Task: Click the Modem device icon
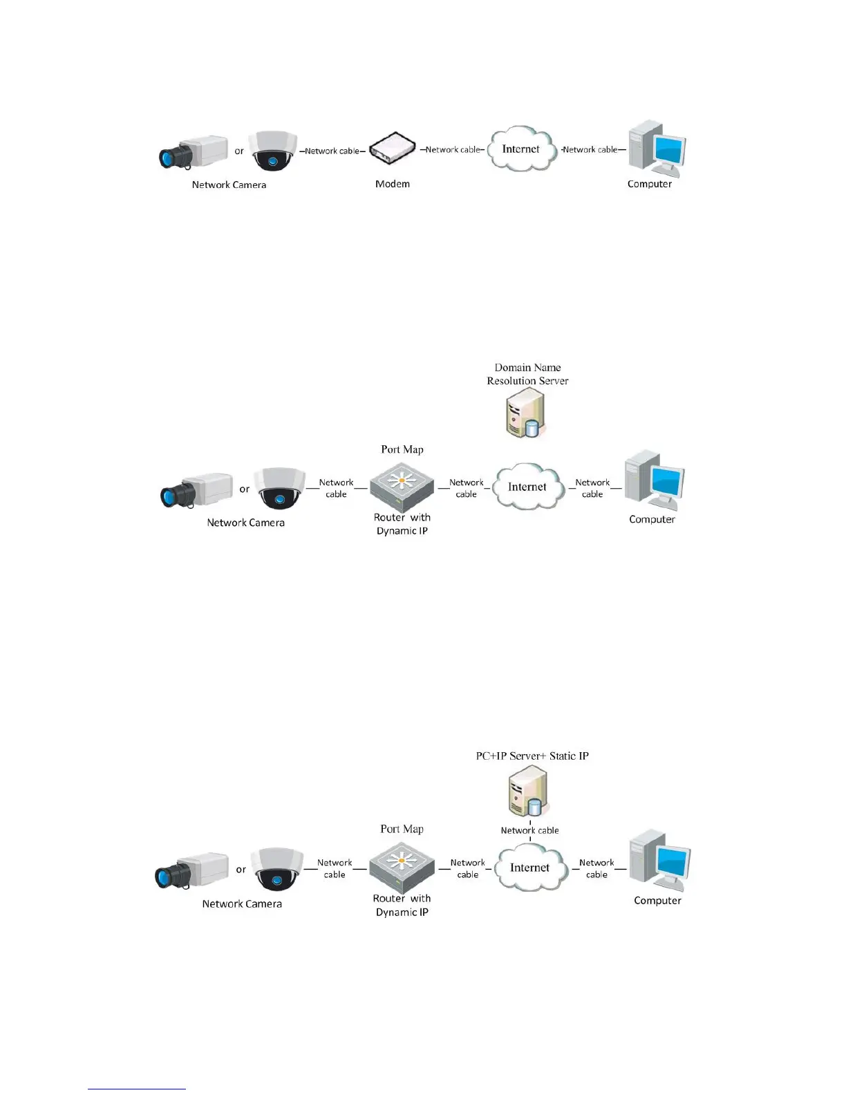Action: point(392,149)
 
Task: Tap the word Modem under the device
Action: point(393,184)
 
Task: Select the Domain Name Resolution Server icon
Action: point(526,413)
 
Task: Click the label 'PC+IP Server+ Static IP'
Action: point(532,756)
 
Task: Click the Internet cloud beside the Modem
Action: point(521,149)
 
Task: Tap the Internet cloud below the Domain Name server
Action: point(527,487)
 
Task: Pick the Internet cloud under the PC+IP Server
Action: point(529,868)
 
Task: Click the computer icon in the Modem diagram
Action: point(656,149)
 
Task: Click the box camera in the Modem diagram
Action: point(194,152)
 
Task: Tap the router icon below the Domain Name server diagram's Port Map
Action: point(402,487)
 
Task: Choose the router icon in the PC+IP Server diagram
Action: point(402,867)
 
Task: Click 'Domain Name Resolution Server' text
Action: point(527,374)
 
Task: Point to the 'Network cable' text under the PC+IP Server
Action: point(529,830)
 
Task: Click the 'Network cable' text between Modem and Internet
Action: point(452,149)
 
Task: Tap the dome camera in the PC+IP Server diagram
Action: point(276,869)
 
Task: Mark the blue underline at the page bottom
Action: point(137,1089)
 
